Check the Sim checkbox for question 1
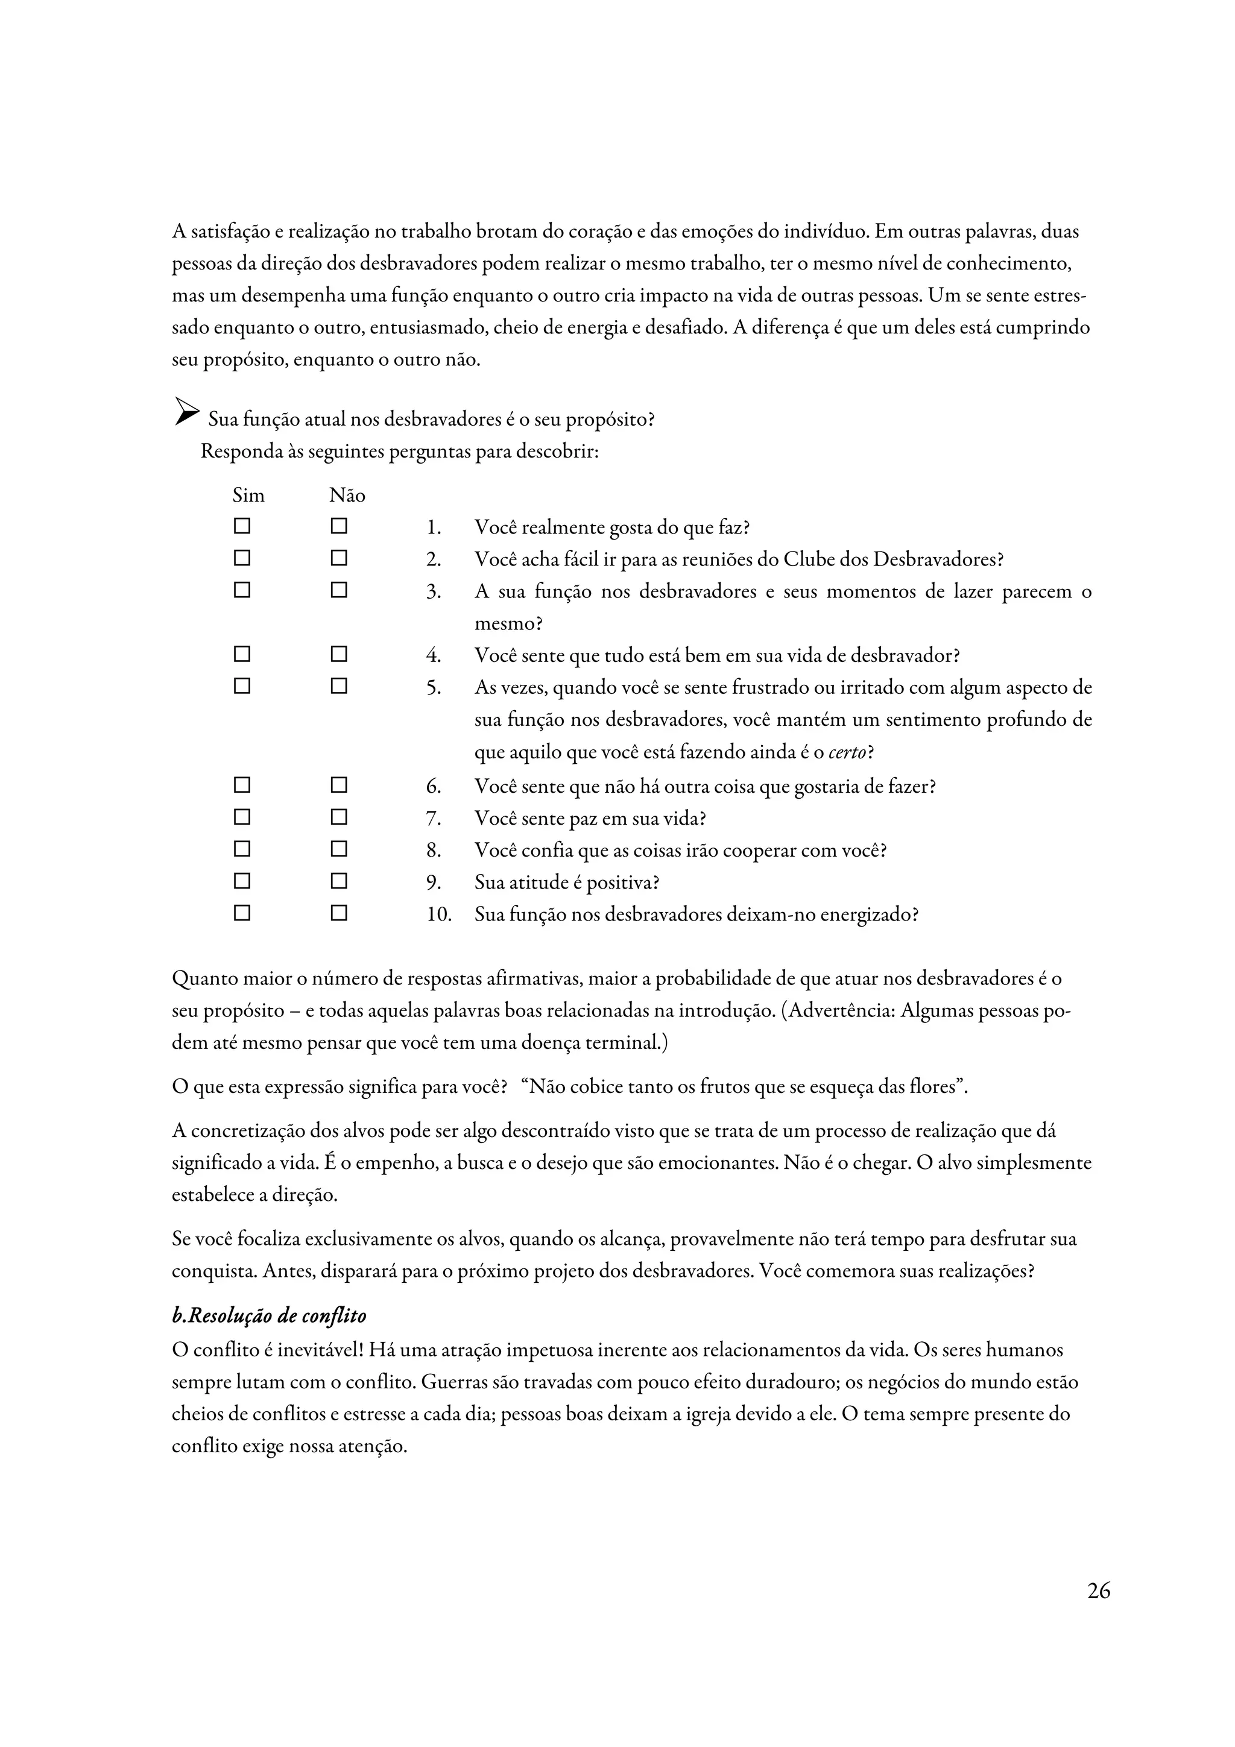[x=242, y=526]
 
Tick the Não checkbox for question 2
[x=339, y=558]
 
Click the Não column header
[x=347, y=496]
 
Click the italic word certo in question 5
[x=847, y=752]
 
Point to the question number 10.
[x=438, y=914]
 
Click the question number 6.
[x=434, y=787]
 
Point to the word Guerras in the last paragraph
[x=454, y=1382]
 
